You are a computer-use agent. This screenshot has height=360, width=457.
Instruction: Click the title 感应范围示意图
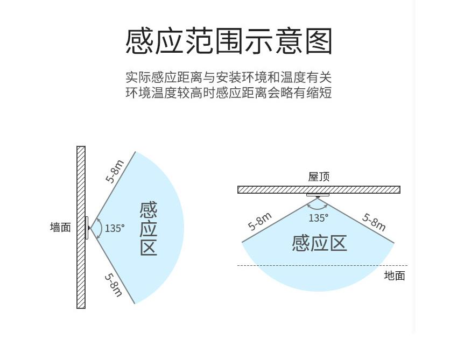point(229,41)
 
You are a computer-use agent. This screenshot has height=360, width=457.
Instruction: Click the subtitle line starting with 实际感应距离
point(228,76)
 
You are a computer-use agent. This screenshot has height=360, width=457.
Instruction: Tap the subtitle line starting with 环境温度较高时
point(228,92)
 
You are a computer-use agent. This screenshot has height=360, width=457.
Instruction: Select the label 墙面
point(60,228)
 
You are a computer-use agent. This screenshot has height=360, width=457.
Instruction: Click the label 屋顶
point(319,177)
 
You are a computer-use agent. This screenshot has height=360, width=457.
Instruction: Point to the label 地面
point(394,276)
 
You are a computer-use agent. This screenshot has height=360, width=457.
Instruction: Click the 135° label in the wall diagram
point(114,228)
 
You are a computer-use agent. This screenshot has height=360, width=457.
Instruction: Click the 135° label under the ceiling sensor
point(318,218)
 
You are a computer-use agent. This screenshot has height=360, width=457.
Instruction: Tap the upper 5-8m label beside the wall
point(115,171)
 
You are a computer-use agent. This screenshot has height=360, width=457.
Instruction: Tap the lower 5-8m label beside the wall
point(114,285)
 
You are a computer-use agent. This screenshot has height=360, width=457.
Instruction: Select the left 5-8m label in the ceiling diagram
point(259,221)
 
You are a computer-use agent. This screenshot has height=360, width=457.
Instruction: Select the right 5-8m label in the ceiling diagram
point(374,221)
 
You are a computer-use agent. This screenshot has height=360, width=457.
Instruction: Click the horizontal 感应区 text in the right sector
point(319,243)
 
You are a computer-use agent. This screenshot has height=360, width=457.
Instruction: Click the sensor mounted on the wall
point(86,228)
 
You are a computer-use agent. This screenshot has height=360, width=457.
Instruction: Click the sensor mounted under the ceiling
point(318,194)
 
